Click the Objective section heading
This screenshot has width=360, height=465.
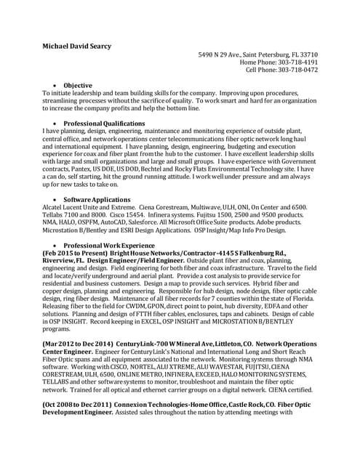[78, 86]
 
